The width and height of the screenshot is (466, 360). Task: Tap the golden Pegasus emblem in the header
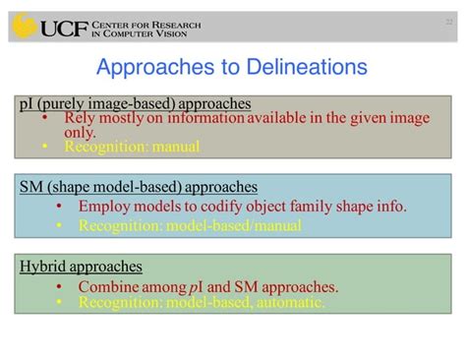[x=24, y=27]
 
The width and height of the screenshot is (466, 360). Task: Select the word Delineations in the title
[x=311, y=67]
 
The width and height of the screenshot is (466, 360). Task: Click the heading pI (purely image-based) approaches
[x=135, y=102]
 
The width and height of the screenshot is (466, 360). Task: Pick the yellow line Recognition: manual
[x=132, y=147]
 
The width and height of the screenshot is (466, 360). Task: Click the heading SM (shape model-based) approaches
[x=139, y=186]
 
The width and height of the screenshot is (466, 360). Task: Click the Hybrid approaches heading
[x=82, y=267]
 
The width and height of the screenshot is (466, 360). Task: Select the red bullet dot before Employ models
[x=59, y=207]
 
